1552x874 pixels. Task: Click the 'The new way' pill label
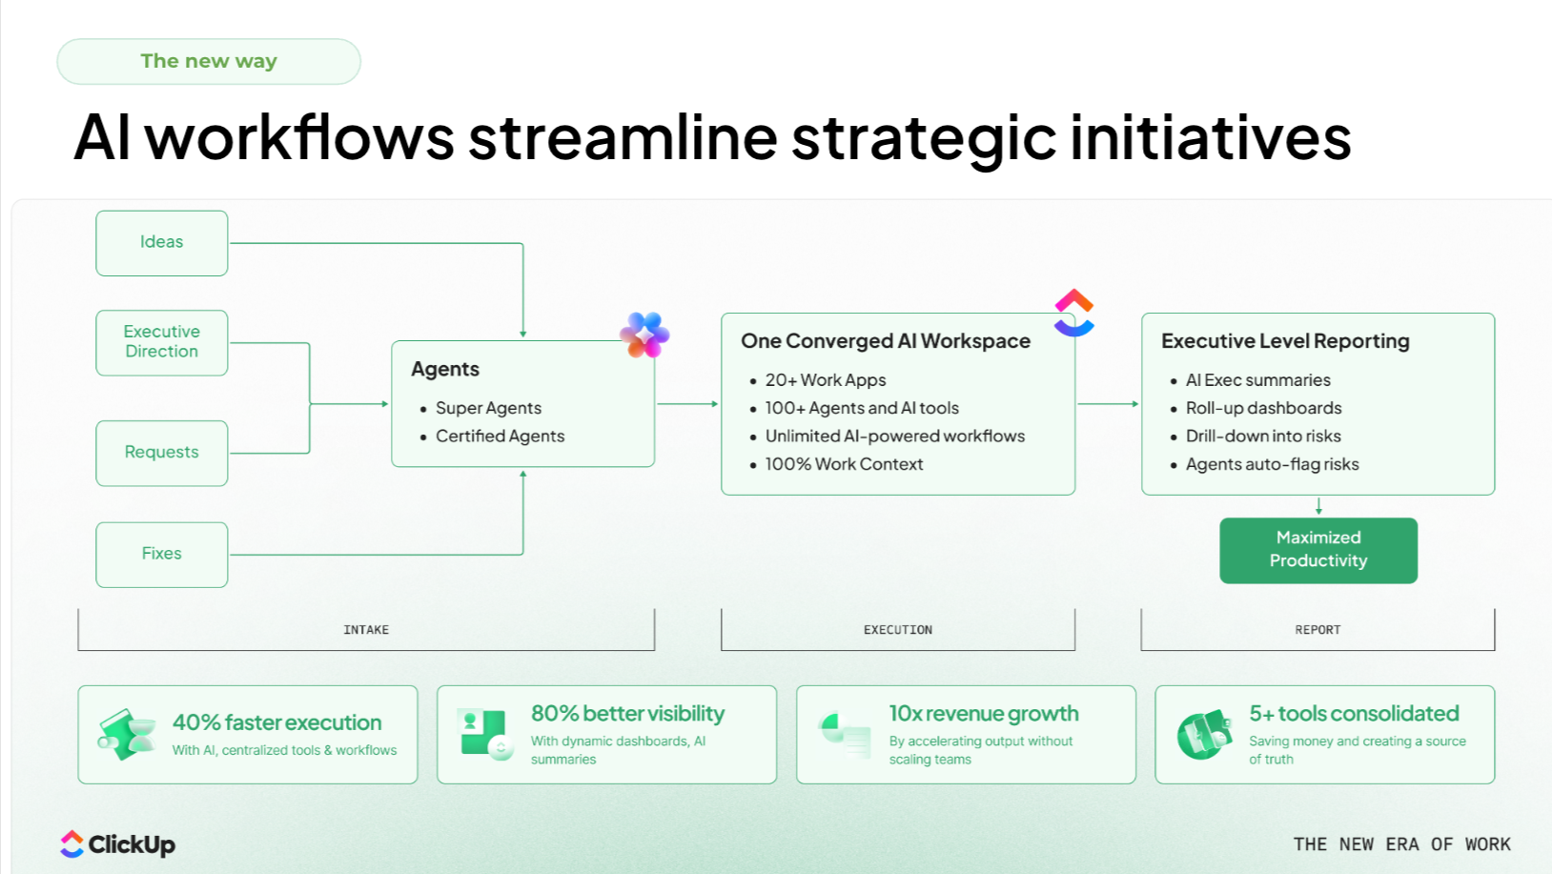209,62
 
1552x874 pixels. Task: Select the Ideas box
162,243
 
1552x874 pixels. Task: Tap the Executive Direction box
162,342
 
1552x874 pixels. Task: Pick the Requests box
162,453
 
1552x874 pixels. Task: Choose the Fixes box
162,554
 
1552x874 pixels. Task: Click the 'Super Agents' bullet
488,408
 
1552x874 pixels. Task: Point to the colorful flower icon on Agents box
644,335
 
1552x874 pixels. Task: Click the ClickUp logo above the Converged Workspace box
1074,313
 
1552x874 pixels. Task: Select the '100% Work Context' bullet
844,464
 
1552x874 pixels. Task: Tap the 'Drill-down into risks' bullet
1262,437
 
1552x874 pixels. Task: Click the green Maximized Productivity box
1318,550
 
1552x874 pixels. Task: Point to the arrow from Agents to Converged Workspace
687,404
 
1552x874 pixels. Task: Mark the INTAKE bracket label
366,630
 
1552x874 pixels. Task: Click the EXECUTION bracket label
898,630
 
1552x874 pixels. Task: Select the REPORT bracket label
1317,630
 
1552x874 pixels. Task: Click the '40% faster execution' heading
276,722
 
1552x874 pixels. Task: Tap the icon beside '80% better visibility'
483,733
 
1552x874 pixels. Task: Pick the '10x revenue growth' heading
984,714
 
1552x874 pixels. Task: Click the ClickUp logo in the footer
118,844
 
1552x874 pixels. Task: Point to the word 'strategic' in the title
924,137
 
